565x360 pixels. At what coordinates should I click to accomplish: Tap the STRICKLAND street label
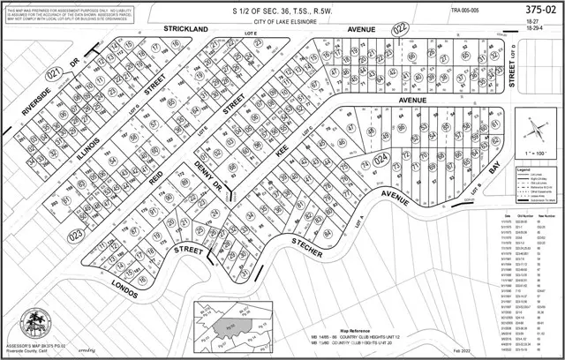pyautogui.click(x=185, y=29)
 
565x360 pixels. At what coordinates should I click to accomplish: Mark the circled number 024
pyautogui.click(x=381, y=160)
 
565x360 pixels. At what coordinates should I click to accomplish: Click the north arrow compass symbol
pyautogui.click(x=533, y=130)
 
